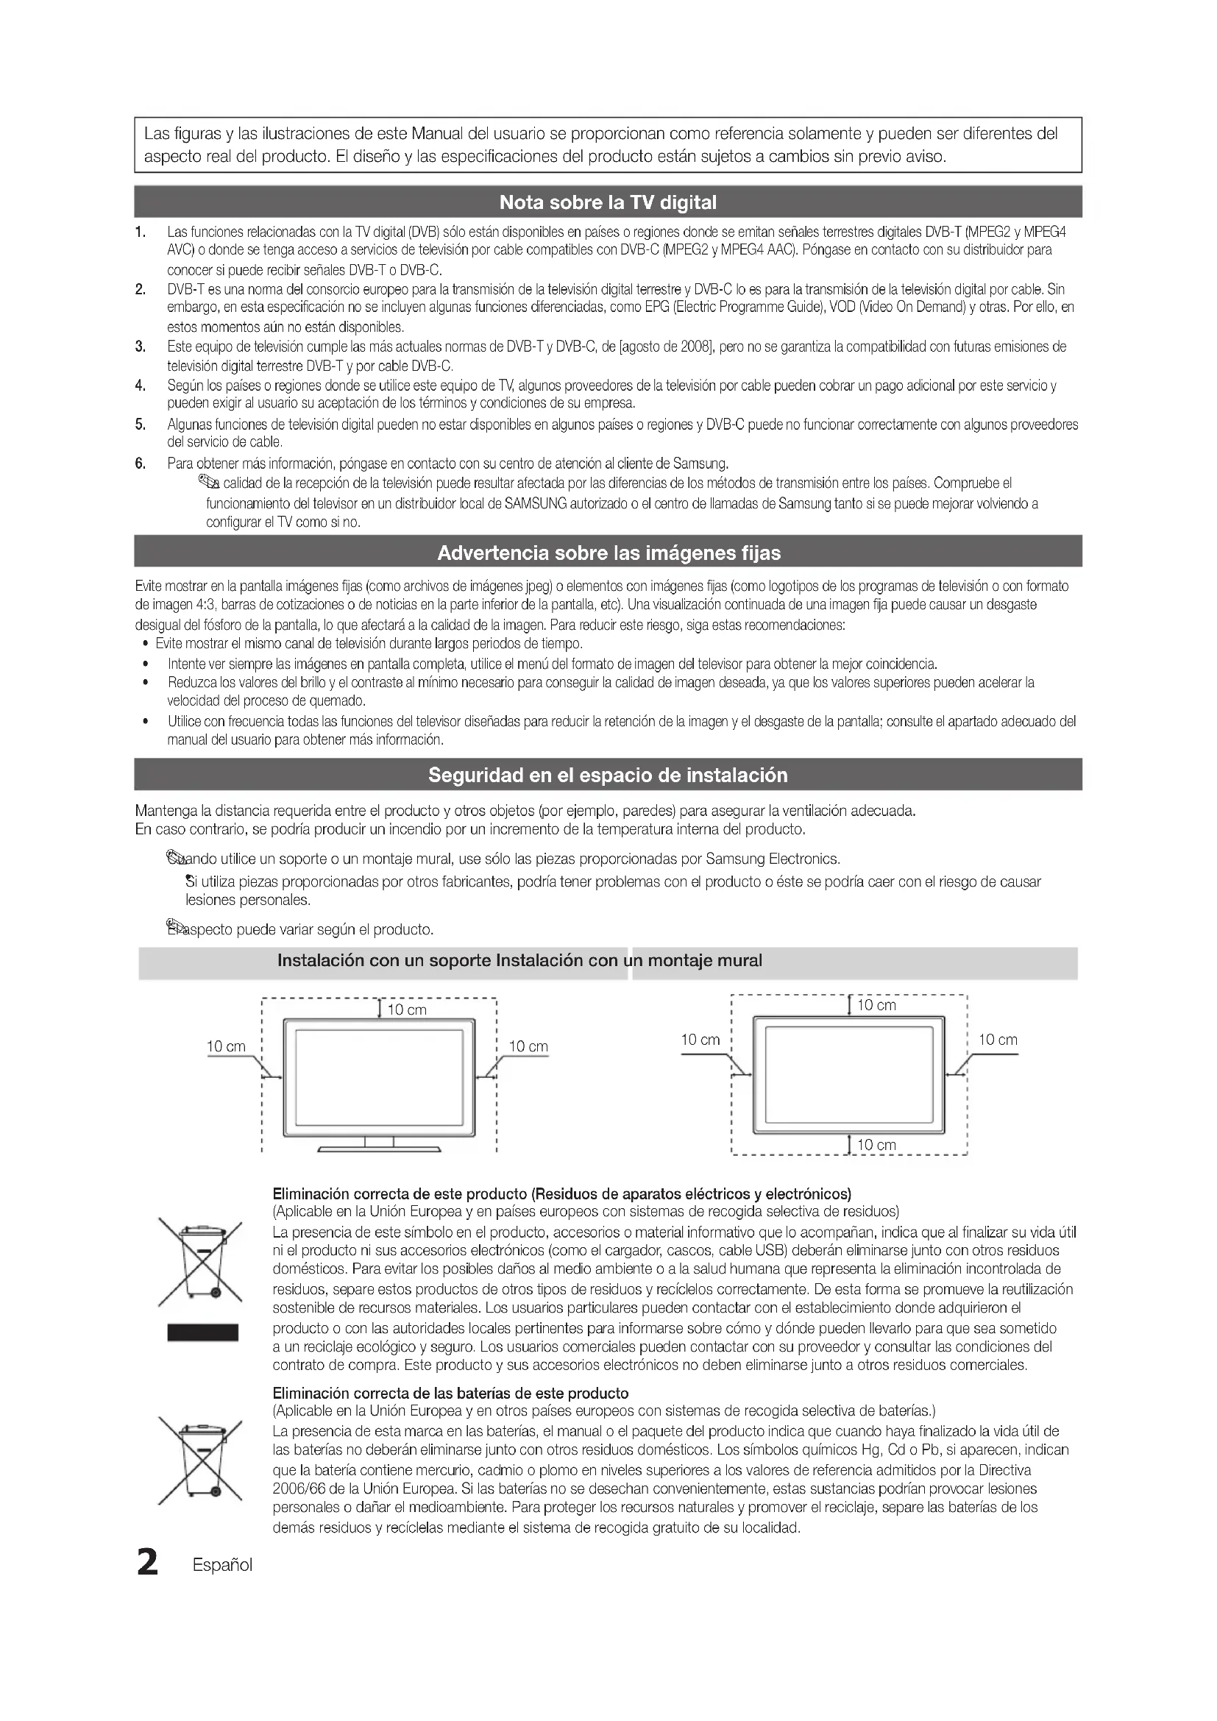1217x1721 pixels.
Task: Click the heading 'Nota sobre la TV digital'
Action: [x=608, y=202]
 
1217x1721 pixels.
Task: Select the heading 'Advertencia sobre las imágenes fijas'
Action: [x=608, y=553]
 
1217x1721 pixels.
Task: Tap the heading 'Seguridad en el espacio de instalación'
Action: [x=608, y=775]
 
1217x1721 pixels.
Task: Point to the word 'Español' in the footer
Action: [x=222, y=1565]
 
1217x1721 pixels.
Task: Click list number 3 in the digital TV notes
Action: [x=140, y=347]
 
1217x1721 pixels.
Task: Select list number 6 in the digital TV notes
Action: [x=140, y=463]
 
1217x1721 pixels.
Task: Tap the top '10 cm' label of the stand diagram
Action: [x=407, y=1009]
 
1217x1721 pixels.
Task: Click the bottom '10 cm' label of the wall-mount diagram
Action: [x=876, y=1145]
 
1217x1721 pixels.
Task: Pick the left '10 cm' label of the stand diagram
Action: [x=226, y=1047]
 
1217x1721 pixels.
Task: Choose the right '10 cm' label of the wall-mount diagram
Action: [x=998, y=1040]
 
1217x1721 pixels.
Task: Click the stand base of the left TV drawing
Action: [x=379, y=1149]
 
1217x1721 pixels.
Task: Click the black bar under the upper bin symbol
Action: [x=202, y=1332]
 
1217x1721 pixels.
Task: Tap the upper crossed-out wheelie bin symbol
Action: [x=200, y=1264]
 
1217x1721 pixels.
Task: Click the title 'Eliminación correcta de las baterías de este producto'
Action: [x=450, y=1394]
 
